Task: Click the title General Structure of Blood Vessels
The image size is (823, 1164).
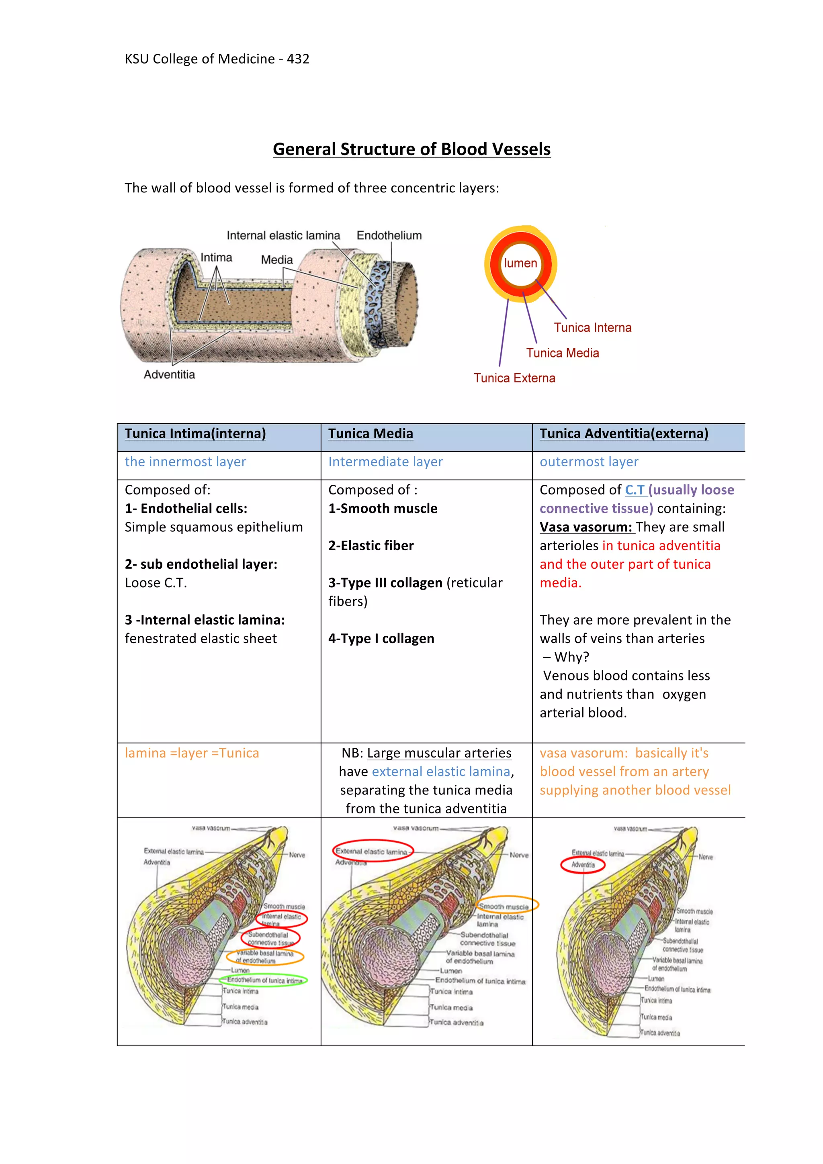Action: [x=411, y=149]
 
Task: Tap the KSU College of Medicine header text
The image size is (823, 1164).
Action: [x=217, y=59]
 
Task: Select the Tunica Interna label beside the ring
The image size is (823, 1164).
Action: [x=592, y=327]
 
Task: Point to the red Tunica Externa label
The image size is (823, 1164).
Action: [x=514, y=378]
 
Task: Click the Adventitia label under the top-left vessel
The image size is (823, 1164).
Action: [x=169, y=375]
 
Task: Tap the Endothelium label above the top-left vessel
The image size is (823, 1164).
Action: [x=389, y=235]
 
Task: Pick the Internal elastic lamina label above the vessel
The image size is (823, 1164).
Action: [x=283, y=235]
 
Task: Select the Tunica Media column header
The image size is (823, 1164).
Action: [x=370, y=433]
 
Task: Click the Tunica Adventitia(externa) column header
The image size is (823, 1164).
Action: [x=624, y=433]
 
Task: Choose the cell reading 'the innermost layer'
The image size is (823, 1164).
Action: [x=185, y=462]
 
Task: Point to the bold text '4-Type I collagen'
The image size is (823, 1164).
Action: [x=381, y=638]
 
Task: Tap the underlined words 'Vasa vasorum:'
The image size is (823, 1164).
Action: [x=586, y=527]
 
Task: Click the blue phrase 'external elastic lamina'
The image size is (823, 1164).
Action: [x=441, y=772]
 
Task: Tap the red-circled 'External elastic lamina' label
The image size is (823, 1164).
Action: [x=373, y=851]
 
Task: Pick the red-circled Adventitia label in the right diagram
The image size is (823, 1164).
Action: [x=583, y=864]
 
